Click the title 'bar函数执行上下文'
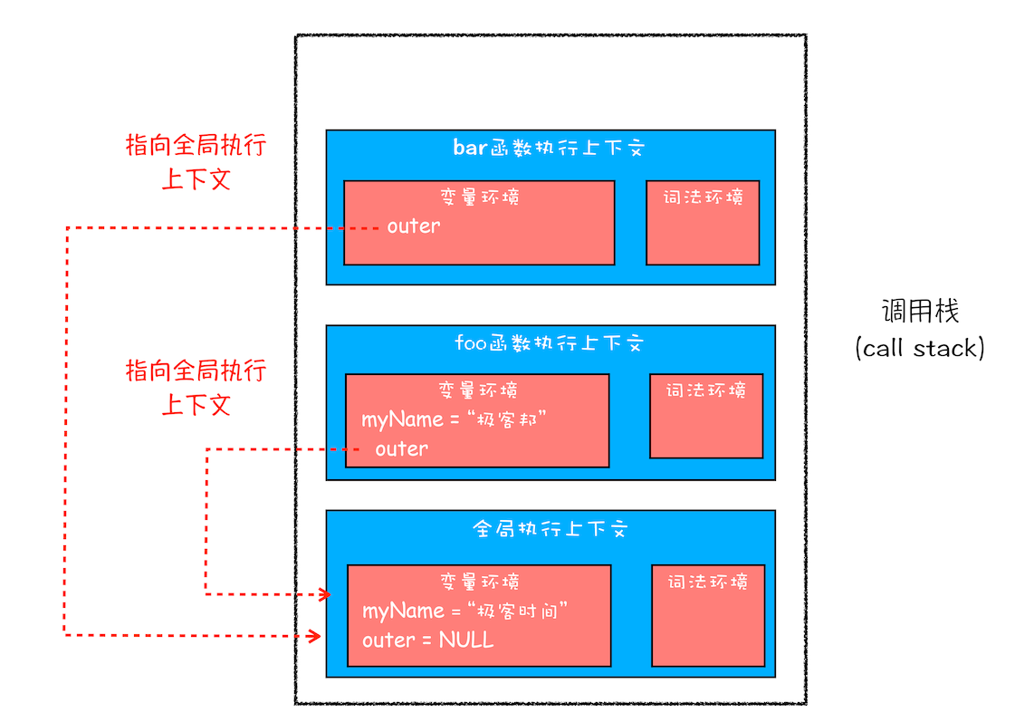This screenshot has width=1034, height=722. [549, 148]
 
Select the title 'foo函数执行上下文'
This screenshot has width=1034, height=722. [549, 343]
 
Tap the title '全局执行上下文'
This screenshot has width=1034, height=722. [550, 529]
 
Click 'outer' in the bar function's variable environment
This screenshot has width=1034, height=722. [414, 226]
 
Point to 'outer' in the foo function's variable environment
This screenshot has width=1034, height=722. [402, 448]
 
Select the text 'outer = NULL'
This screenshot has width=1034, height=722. [428, 640]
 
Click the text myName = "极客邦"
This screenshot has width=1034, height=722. [455, 419]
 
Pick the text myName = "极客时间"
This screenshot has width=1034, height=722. [464, 611]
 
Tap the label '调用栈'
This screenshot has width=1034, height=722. [920, 312]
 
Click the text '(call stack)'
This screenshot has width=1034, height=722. [919, 348]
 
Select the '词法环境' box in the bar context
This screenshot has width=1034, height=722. [703, 222]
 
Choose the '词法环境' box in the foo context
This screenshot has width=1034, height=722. [706, 416]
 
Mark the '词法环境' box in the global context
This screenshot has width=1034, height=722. [708, 615]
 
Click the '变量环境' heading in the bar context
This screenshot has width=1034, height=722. [479, 197]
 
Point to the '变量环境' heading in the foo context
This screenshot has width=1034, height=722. [478, 390]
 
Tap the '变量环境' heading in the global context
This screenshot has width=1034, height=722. [480, 582]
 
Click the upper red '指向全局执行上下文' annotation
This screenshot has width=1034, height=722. [196, 162]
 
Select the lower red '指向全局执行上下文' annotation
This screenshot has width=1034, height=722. [196, 387]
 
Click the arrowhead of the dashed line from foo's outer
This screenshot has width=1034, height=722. [323, 594]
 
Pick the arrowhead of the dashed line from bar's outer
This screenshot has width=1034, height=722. [315, 636]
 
